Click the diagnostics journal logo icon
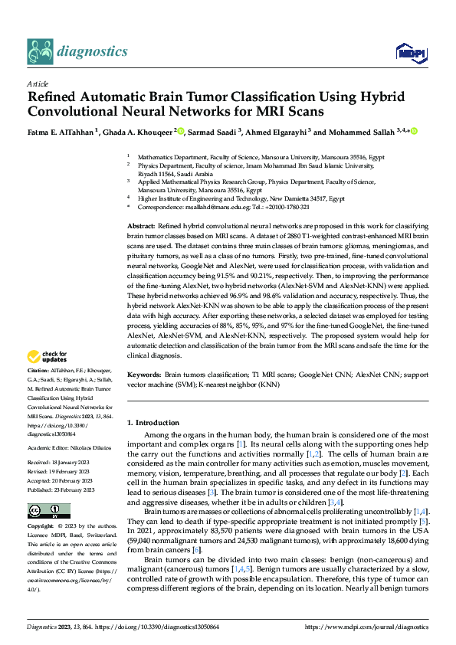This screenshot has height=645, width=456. [x=41, y=51]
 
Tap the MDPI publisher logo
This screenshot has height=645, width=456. [x=406, y=52]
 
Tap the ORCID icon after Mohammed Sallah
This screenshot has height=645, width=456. [x=414, y=131]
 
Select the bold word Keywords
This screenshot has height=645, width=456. [x=143, y=375]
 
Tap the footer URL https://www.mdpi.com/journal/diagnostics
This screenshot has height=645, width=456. [x=366, y=626]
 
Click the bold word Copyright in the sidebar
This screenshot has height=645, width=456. [x=41, y=528]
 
